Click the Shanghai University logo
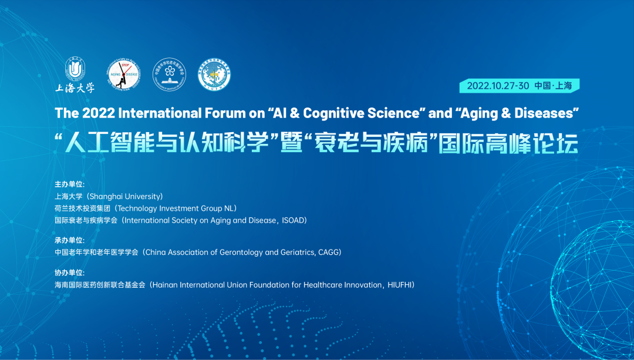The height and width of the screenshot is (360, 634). click(x=75, y=75)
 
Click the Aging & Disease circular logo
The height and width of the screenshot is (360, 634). click(x=124, y=75)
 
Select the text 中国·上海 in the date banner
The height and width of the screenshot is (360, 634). click(x=553, y=86)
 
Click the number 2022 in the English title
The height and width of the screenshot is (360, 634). click(x=96, y=112)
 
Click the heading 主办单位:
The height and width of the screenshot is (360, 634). click(x=69, y=184)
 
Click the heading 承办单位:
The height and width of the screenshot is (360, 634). click(x=69, y=240)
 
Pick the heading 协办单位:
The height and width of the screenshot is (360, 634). click(x=69, y=272)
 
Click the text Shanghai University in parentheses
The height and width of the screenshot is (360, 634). click(x=125, y=196)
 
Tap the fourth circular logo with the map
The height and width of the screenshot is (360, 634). click(x=214, y=75)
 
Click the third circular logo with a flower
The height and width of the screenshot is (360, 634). click(x=169, y=75)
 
